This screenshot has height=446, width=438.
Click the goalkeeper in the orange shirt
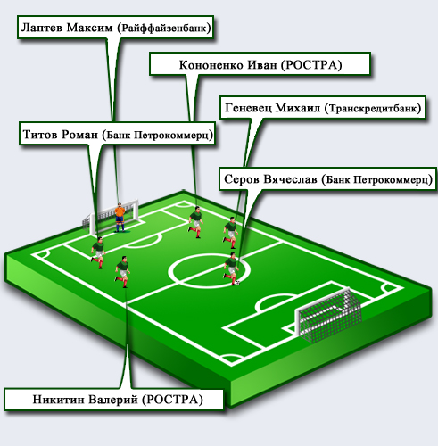click(x=120, y=218)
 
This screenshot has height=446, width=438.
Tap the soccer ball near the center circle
click(x=237, y=283)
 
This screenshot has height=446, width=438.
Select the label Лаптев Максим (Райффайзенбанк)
click(x=115, y=28)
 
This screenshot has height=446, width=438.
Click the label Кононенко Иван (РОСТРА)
click(x=260, y=64)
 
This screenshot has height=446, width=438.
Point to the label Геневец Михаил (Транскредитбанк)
click(x=323, y=108)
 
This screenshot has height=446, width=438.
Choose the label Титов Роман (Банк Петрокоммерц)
click(x=118, y=134)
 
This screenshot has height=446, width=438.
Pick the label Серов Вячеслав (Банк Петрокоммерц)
click(x=327, y=179)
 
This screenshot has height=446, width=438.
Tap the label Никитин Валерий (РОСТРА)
click(x=114, y=399)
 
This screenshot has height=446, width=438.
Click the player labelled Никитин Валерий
click(x=122, y=272)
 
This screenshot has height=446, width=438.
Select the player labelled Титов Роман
click(x=98, y=252)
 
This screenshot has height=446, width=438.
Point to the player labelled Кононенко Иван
click(x=196, y=222)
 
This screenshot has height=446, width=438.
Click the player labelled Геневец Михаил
click(x=231, y=233)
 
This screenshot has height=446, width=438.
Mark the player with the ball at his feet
click(x=231, y=268)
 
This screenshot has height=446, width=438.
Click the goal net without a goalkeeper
click(x=328, y=315)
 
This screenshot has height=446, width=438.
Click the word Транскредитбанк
click(x=373, y=108)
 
